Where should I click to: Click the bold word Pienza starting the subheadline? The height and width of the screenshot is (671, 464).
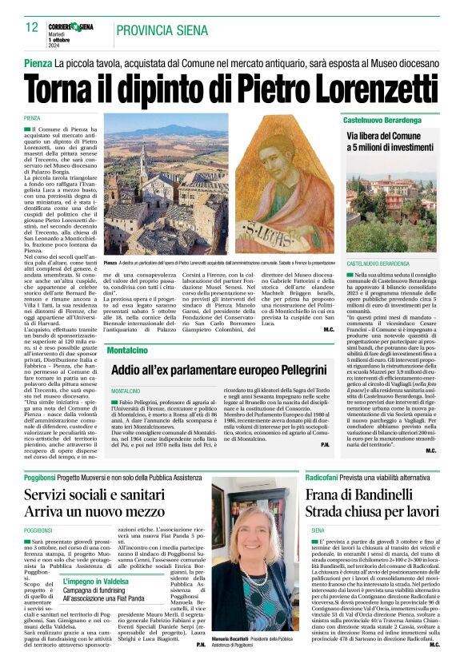point(38,63)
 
